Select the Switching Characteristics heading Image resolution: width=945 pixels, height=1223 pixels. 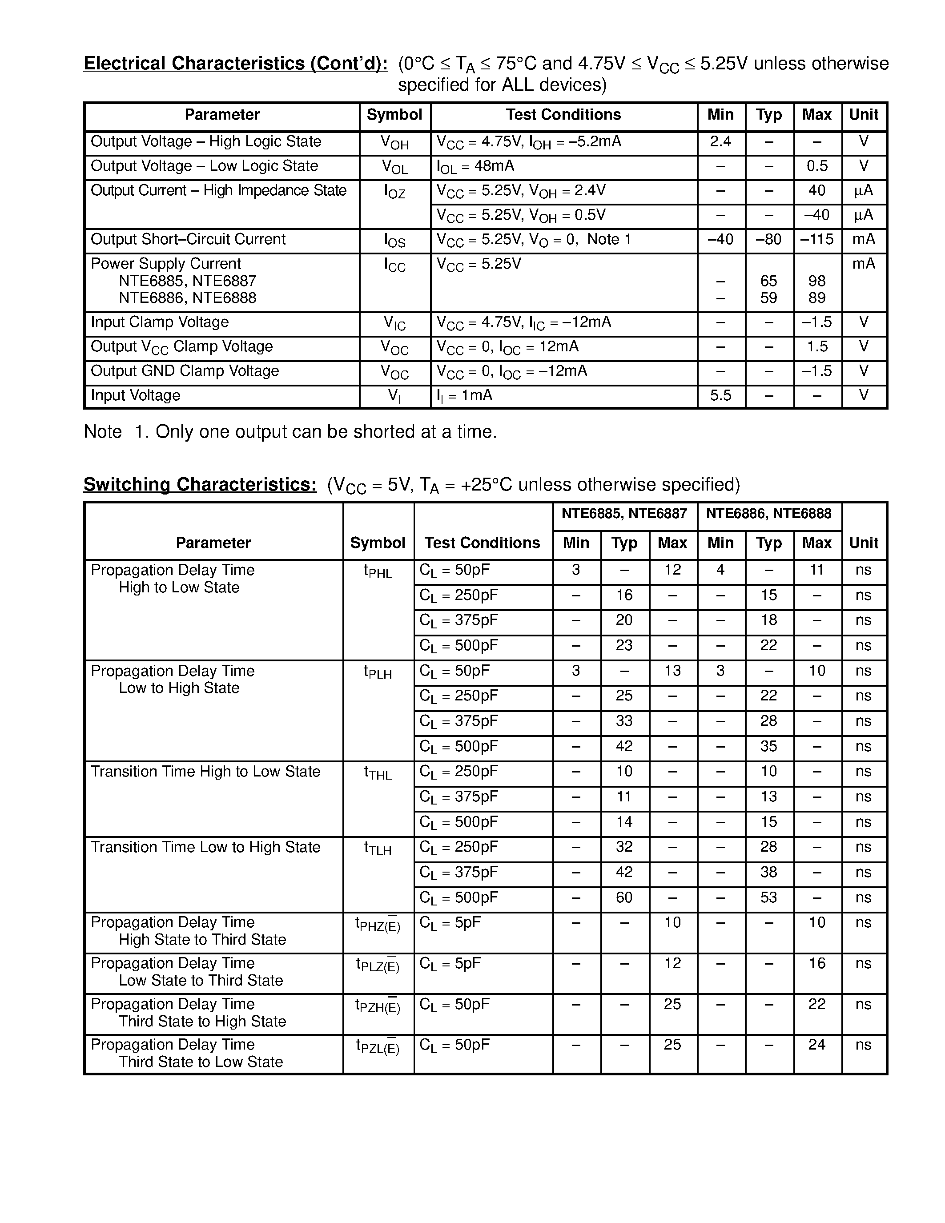tap(200, 484)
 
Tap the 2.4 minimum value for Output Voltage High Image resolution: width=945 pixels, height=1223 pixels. tap(720, 142)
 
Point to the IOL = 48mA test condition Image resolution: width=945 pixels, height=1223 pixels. tap(475, 166)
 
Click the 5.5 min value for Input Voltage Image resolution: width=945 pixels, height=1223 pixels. tap(720, 395)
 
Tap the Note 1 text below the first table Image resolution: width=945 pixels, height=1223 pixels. tap(290, 432)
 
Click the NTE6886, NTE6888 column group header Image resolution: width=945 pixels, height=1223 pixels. tap(768, 514)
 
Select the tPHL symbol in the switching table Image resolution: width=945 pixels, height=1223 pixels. tap(378, 572)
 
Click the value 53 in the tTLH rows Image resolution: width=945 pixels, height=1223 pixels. tap(768, 897)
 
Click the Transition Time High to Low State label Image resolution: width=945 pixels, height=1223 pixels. tap(205, 772)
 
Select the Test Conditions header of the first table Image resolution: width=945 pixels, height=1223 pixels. tap(563, 115)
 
